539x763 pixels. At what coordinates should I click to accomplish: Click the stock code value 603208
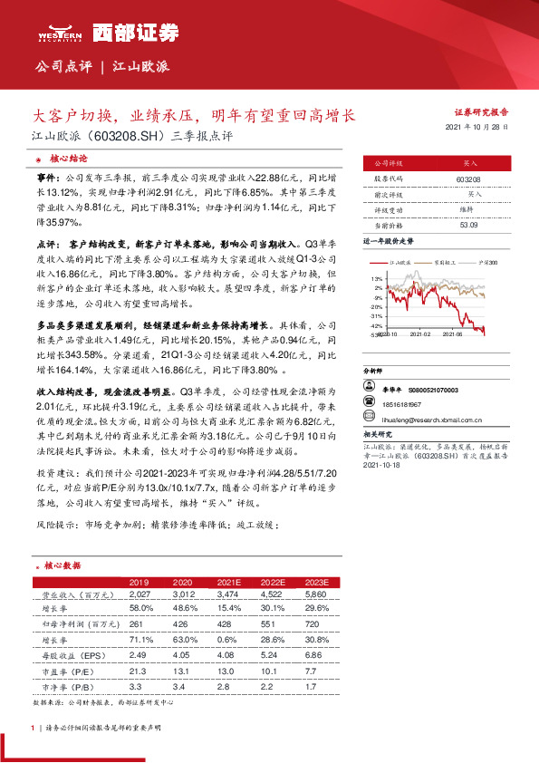(469, 180)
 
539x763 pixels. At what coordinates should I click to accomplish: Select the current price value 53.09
(469, 224)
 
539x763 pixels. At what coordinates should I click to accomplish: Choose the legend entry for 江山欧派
(397, 261)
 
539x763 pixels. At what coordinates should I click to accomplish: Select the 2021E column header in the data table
(228, 582)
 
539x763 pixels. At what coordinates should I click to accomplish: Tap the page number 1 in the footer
(33, 727)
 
